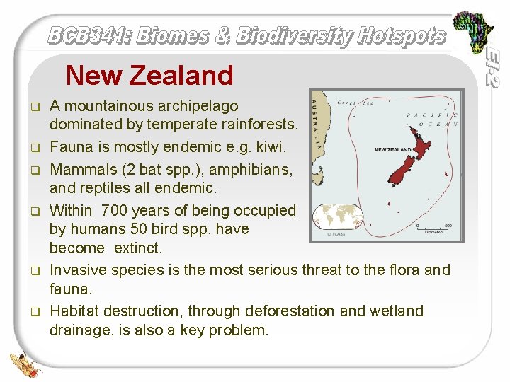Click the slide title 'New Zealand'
[x=149, y=75]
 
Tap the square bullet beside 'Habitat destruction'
[x=33, y=311]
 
